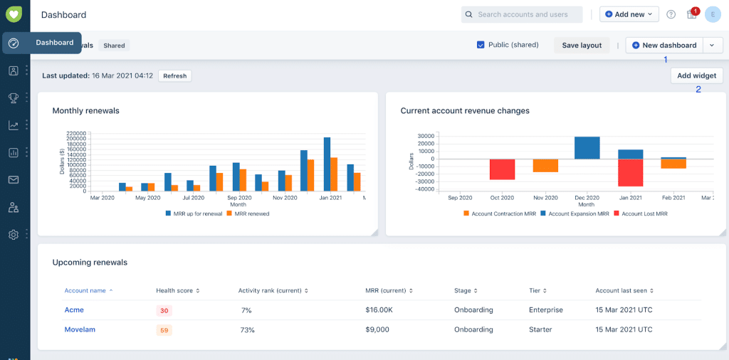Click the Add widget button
click(697, 75)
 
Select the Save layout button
click(582, 46)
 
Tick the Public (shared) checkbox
click(481, 45)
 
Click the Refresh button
click(174, 75)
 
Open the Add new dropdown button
click(629, 14)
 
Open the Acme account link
click(74, 310)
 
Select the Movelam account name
click(79, 329)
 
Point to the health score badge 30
click(164, 310)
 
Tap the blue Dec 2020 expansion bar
click(587, 148)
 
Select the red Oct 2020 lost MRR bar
click(502, 169)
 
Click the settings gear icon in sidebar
click(14, 234)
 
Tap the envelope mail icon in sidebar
click(14, 179)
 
